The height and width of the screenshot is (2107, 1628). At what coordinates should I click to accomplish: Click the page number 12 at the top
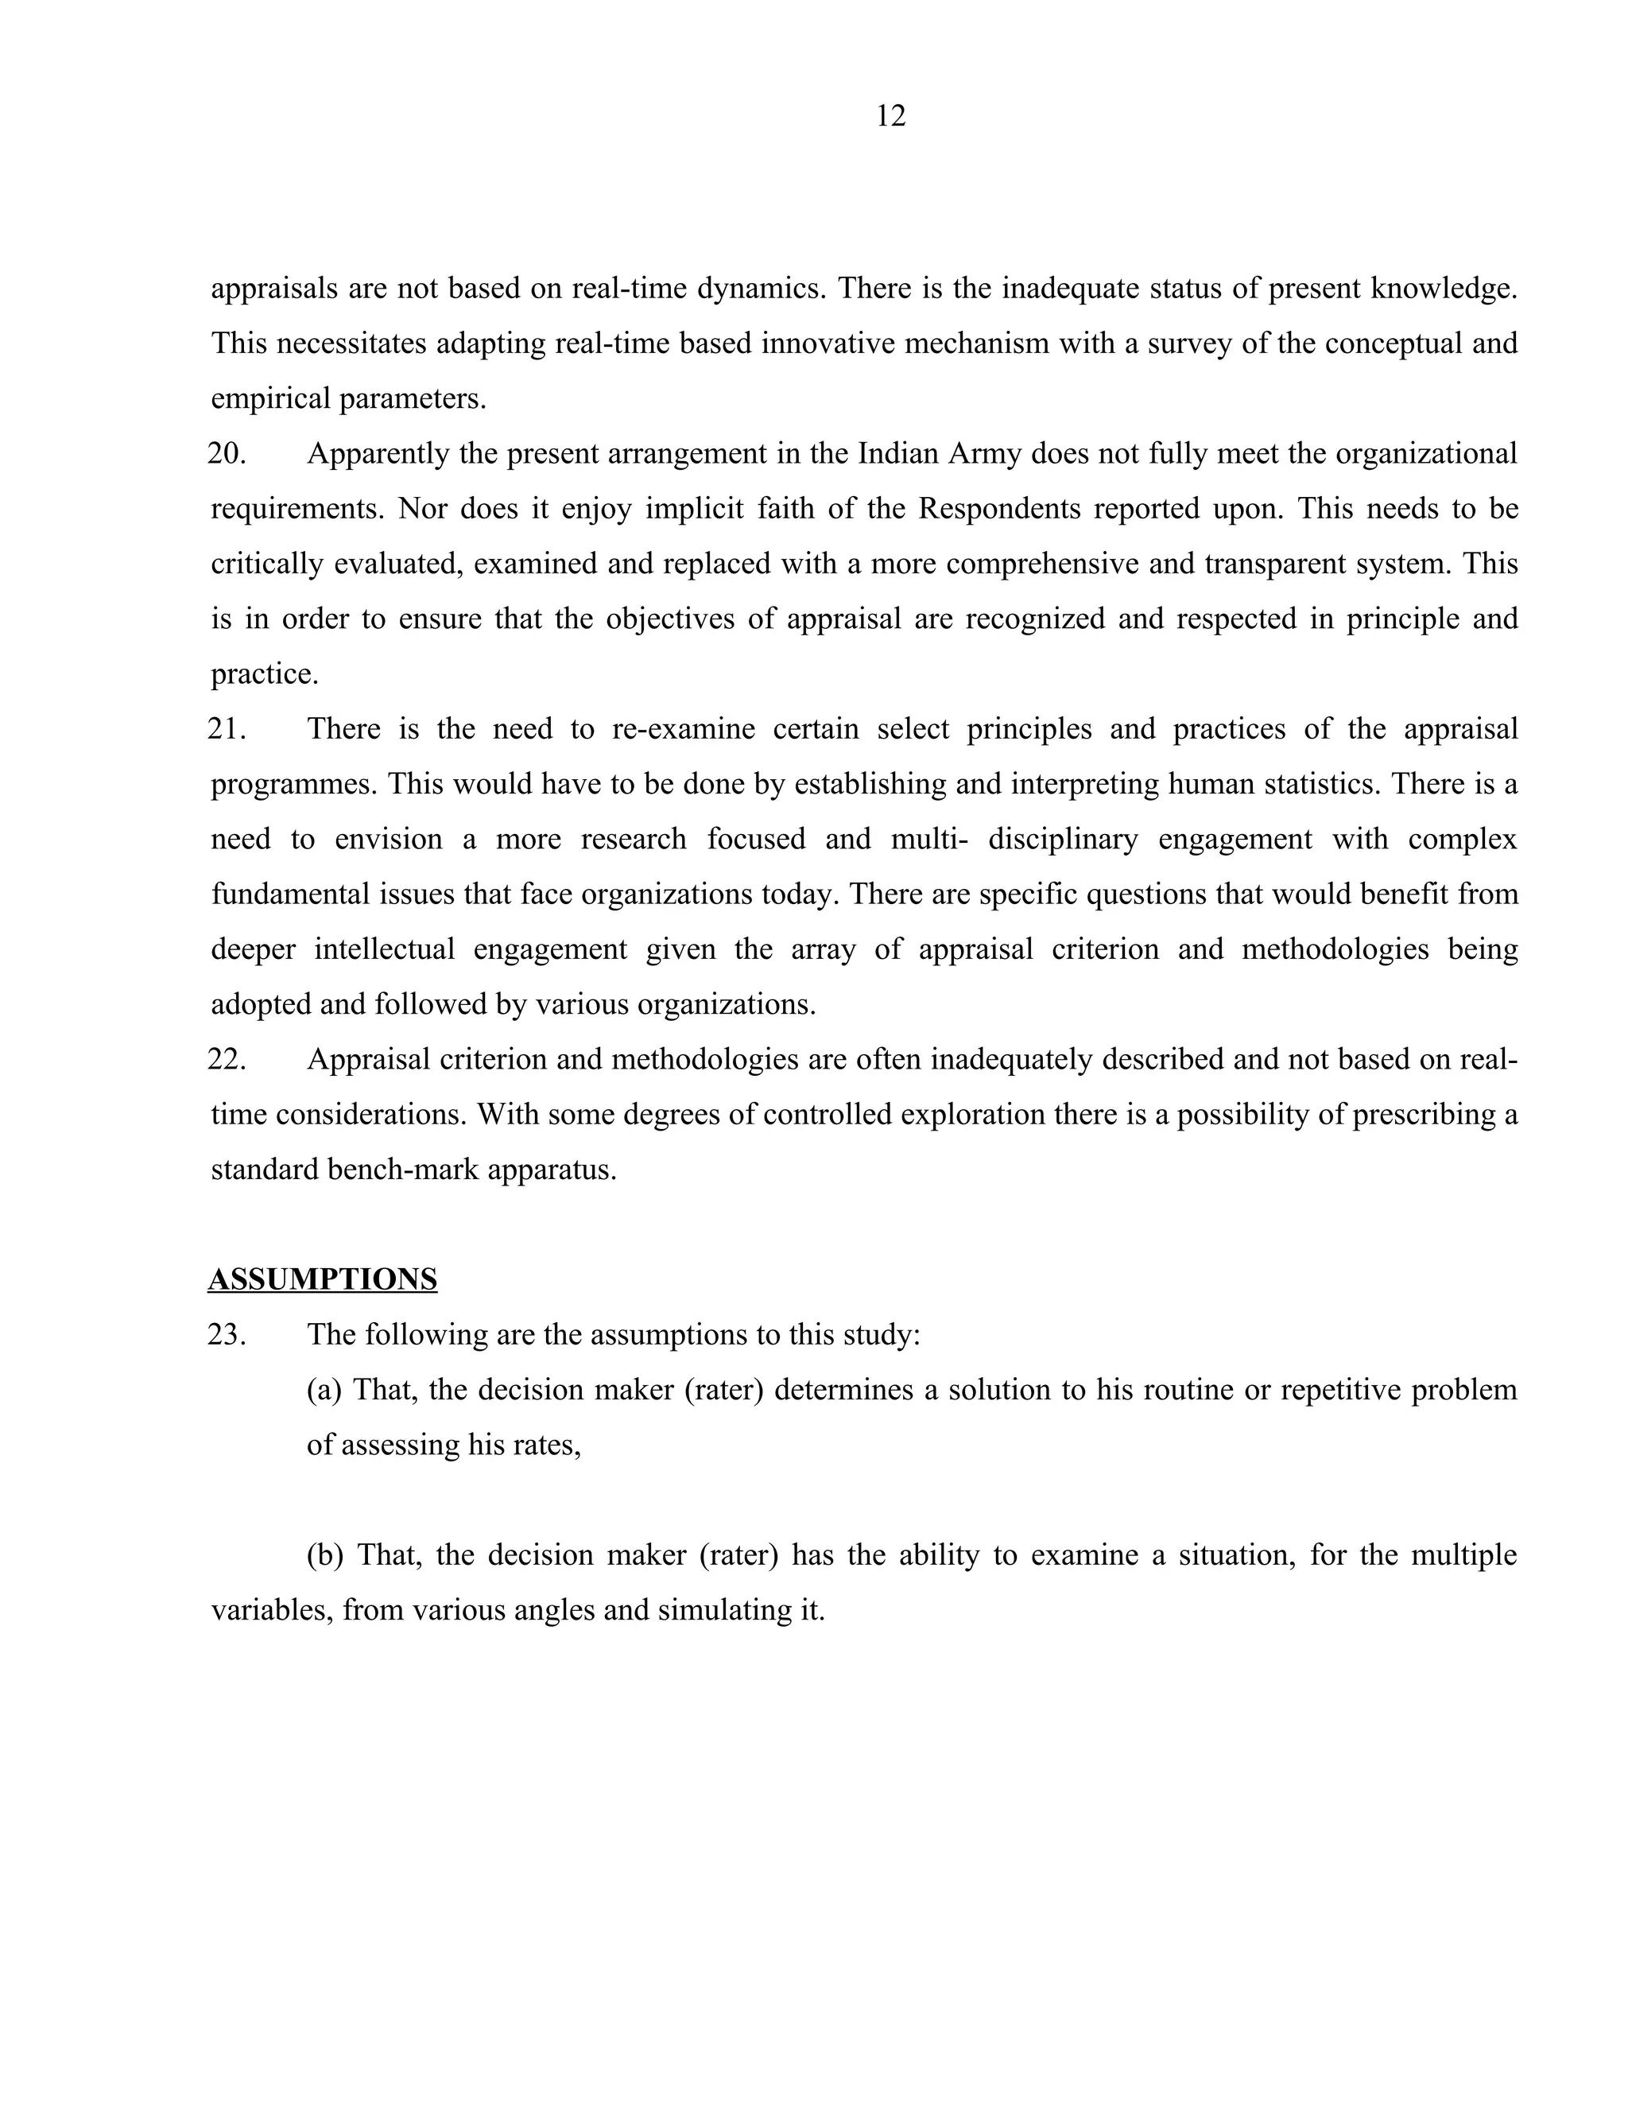(890, 117)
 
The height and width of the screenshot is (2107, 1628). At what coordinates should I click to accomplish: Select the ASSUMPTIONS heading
(322, 1279)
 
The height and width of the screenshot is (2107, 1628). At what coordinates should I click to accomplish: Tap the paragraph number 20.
(227, 453)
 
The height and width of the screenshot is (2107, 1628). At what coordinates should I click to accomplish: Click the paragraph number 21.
(227, 728)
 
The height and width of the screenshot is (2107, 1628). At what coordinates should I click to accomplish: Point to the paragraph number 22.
(227, 1059)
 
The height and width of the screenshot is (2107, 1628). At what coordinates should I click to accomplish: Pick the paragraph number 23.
(227, 1334)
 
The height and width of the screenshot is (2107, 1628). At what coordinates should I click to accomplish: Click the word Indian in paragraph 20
(897, 453)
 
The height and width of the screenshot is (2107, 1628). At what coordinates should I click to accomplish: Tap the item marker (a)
(324, 1390)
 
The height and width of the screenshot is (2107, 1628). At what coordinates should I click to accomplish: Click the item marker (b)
(325, 1555)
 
